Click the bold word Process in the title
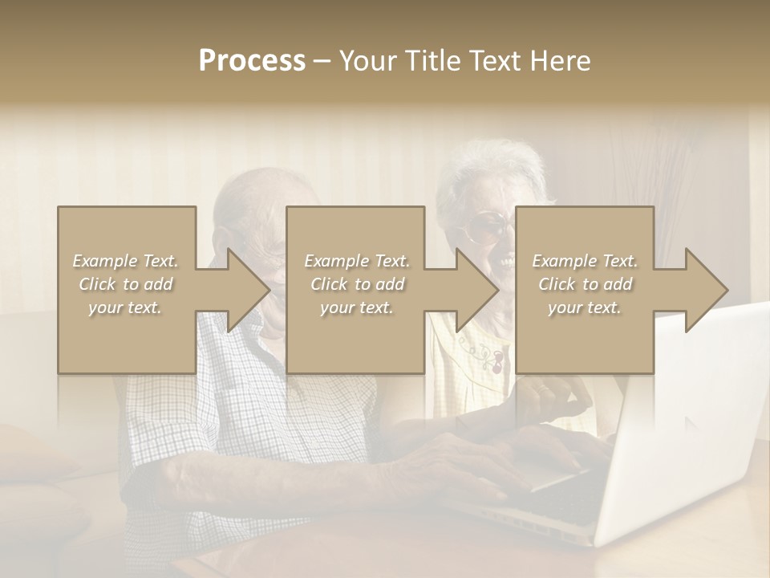[x=252, y=60]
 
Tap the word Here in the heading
[x=560, y=60]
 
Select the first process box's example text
[x=126, y=284]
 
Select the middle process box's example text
[x=356, y=284]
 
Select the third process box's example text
[x=585, y=284]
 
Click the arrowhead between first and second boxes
[x=245, y=290]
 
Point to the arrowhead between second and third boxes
[x=475, y=290]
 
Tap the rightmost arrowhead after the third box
[x=704, y=290]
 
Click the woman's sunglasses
[x=485, y=229]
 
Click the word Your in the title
[x=368, y=60]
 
